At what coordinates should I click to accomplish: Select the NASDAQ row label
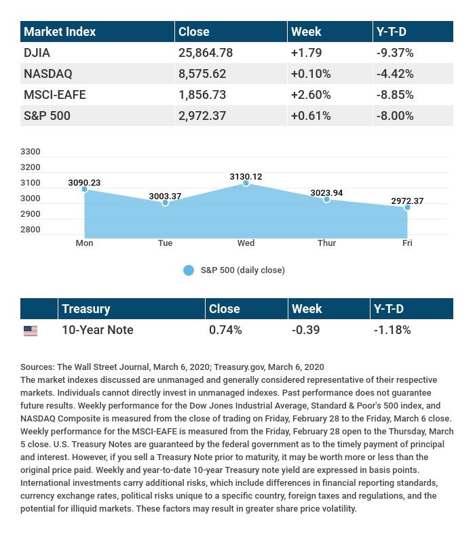[x=47, y=73]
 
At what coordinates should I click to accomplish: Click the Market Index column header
[x=60, y=31]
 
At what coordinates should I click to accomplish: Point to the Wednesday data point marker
[x=246, y=183]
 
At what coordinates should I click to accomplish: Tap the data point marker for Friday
[x=407, y=207]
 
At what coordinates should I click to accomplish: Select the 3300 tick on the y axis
[x=31, y=152]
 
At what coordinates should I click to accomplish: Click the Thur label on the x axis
[x=326, y=243]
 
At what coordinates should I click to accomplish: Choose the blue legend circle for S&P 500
[x=189, y=270]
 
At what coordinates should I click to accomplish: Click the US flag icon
[x=31, y=331]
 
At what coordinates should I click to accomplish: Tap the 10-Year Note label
[x=97, y=330]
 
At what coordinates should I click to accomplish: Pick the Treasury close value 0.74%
[x=225, y=330]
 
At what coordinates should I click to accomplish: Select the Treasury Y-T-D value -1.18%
[x=392, y=330]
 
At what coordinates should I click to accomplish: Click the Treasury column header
[x=85, y=308]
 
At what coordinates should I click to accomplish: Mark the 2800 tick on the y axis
[x=31, y=230]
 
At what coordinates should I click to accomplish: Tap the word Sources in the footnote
[x=37, y=367]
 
